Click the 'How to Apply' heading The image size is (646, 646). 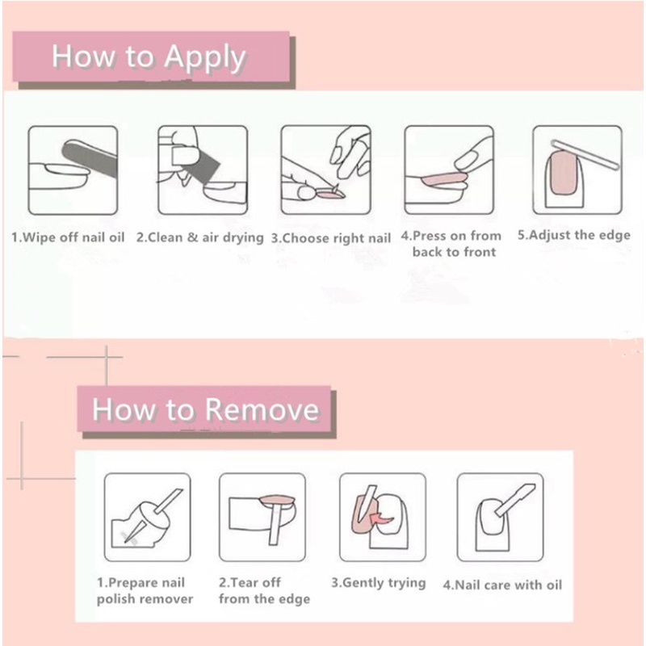coord(149,58)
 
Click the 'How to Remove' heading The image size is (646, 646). coord(205,409)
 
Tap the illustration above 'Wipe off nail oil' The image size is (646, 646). coord(73,170)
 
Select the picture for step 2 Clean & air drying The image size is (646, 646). coord(202,170)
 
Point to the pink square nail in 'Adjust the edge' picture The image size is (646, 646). coord(564,179)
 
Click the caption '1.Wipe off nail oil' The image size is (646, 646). coord(68,238)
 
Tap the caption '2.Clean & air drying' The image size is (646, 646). coord(199,237)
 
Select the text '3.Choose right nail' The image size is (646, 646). coord(330,238)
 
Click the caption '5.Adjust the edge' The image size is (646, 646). coord(574,236)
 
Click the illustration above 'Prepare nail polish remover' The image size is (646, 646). coord(148,517)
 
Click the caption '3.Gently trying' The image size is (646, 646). coord(378,583)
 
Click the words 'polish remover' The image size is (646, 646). coord(145,599)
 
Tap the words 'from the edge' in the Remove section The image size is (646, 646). coord(264,599)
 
